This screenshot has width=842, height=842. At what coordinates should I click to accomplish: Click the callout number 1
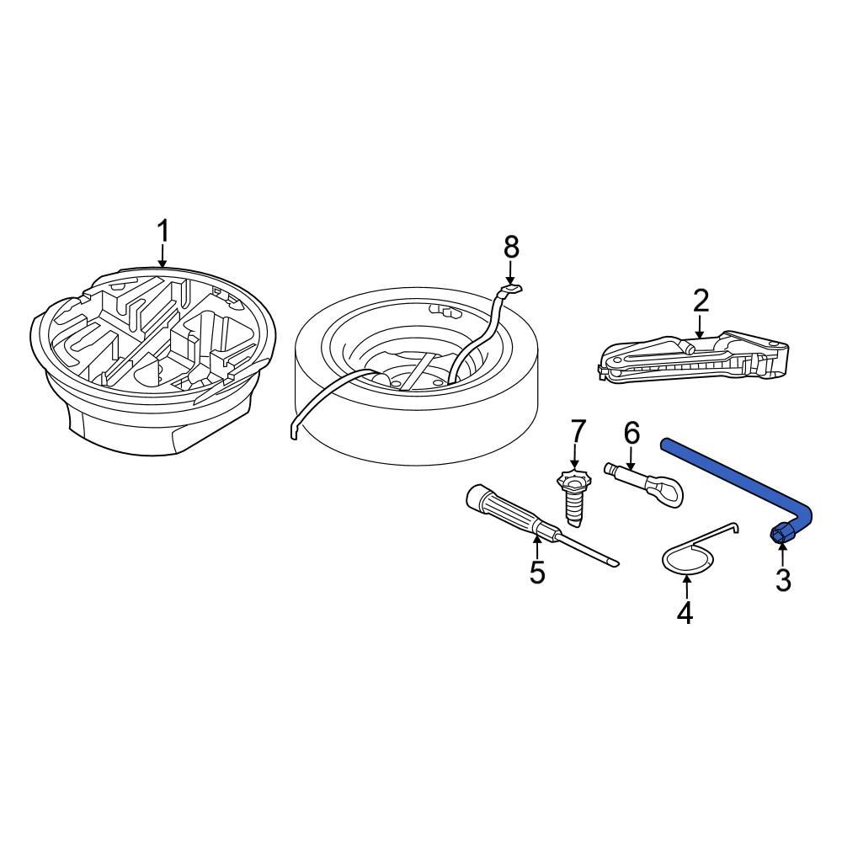tap(163, 231)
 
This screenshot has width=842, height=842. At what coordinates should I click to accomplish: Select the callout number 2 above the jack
tap(701, 301)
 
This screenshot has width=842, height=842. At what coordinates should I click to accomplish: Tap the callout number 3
tap(783, 580)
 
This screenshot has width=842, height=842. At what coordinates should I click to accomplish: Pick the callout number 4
tap(685, 613)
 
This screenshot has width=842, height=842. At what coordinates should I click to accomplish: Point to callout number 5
tap(537, 573)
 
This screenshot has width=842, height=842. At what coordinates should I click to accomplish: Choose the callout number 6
tap(631, 434)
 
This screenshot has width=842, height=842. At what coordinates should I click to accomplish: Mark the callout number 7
tap(578, 431)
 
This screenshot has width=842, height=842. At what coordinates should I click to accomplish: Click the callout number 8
tap(511, 248)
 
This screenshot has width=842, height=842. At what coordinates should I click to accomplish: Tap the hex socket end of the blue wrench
tap(780, 533)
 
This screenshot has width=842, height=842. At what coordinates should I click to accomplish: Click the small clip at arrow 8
tap(510, 288)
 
